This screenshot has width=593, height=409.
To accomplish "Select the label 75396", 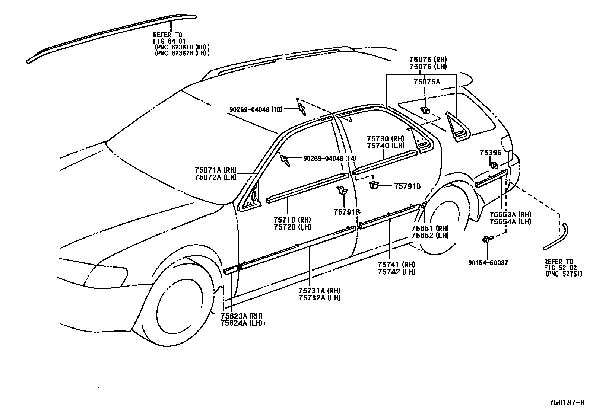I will (x=490, y=153).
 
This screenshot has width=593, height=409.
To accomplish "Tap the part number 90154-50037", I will (x=488, y=263).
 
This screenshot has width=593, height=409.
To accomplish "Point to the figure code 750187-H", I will (x=567, y=403).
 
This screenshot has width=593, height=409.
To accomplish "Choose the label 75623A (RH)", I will (x=241, y=316).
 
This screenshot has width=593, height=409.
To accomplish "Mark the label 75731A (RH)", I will (x=319, y=291).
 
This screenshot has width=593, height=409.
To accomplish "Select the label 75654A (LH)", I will (x=510, y=222).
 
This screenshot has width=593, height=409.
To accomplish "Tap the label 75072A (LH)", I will (x=215, y=177).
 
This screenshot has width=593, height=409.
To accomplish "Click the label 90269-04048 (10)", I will (x=256, y=109).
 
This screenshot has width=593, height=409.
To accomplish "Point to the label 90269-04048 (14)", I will (x=329, y=159).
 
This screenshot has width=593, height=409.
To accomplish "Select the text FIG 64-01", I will (x=169, y=41).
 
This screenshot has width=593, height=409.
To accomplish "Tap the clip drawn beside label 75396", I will (x=494, y=165).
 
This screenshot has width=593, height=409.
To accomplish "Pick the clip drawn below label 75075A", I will (x=425, y=109).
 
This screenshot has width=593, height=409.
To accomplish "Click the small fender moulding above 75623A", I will (x=230, y=270).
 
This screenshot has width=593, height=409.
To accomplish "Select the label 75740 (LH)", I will (x=386, y=146).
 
